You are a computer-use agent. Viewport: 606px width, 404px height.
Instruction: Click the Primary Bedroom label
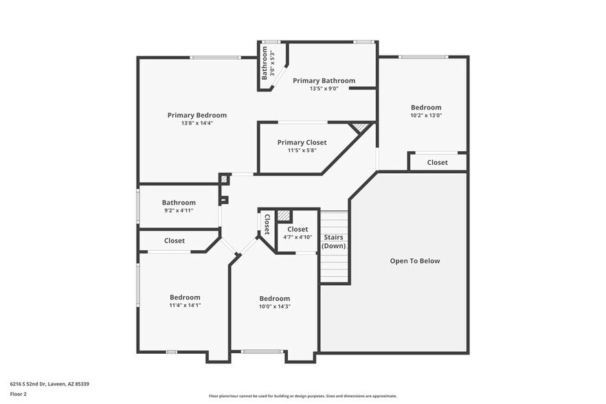(x=197, y=115)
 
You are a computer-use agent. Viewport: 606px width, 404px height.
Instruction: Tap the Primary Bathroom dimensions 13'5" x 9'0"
(x=324, y=89)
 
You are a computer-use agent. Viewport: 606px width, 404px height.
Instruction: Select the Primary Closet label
(x=302, y=142)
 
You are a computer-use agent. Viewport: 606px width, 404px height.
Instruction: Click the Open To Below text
(x=414, y=261)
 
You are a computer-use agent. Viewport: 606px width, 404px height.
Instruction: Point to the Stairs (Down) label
(x=334, y=241)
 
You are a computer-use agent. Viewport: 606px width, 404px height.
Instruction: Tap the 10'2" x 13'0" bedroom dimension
(x=426, y=115)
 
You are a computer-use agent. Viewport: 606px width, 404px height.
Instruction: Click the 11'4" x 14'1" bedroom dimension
(x=185, y=305)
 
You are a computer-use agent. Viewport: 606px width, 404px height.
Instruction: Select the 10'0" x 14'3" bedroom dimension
(x=274, y=306)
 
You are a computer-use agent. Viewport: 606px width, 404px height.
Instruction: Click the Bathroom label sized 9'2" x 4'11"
(x=179, y=203)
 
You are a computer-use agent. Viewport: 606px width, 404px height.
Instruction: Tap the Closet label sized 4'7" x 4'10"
(x=298, y=229)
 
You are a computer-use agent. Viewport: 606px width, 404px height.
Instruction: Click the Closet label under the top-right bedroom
(x=437, y=163)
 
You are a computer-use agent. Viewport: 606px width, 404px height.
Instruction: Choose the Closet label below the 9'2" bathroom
(x=174, y=241)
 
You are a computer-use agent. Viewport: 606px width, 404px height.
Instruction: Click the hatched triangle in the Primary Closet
(x=359, y=128)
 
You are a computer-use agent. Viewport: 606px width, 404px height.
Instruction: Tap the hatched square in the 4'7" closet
(x=284, y=216)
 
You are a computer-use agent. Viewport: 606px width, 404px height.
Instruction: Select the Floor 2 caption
(x=18, y=394)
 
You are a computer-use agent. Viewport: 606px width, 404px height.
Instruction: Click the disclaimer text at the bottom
(x=302, y=396)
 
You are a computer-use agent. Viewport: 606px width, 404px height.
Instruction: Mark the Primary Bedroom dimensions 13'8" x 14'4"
(x=197, y=123)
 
